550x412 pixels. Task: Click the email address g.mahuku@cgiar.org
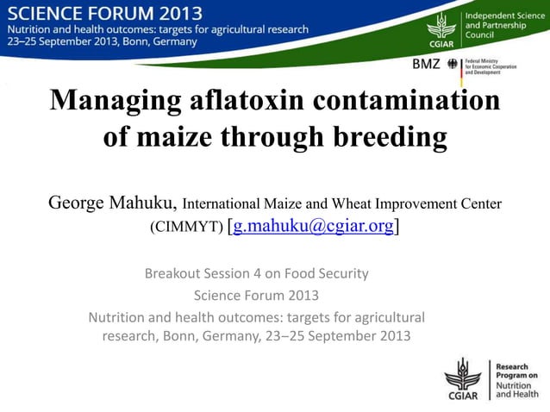(313, 227)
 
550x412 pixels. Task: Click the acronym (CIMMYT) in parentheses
(186, 228)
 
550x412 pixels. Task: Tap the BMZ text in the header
(426, 65)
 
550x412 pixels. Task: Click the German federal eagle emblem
(453, 66)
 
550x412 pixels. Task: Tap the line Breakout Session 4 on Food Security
(256, 274)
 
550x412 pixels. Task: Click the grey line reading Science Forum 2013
(256, 295)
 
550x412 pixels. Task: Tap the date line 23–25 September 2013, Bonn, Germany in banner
(103, 41)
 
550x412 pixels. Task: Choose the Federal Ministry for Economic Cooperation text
(491, 66)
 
